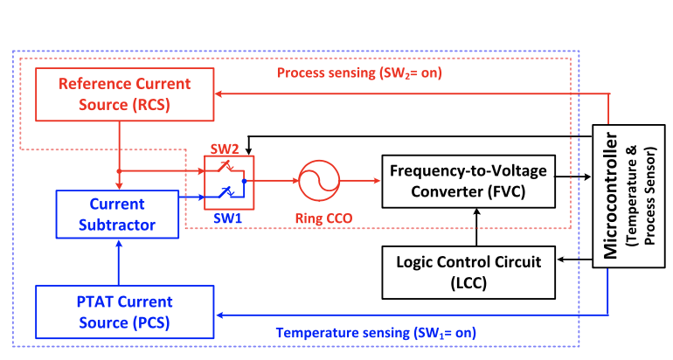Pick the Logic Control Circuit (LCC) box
[469, 270]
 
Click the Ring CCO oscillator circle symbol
[316, 182]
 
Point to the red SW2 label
[225, 150]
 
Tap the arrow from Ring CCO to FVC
[358, 182]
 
